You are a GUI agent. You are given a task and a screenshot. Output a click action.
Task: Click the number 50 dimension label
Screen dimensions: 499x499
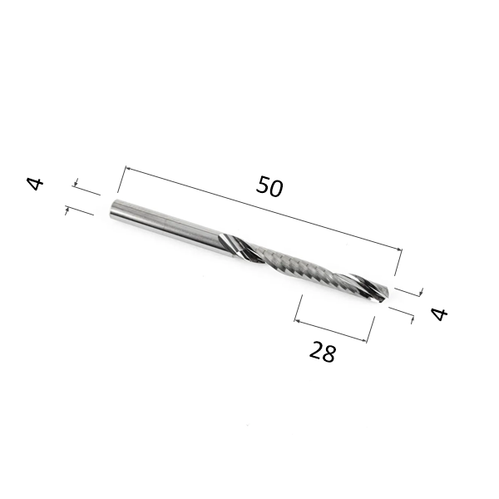click(269, 186)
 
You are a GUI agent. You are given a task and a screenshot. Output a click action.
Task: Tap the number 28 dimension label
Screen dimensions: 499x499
click(323, 353)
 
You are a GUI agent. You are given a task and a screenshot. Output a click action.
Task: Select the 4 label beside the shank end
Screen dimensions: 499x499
click(35, 183)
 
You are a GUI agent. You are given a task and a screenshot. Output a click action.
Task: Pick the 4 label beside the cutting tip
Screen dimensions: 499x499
click(439, 314)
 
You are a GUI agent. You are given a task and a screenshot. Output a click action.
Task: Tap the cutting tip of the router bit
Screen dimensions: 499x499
click(384, 294)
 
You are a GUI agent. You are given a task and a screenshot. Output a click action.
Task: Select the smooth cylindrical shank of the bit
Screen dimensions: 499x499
click(162, 222)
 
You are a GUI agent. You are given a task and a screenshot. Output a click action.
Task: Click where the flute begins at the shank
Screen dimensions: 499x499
click(226, 242)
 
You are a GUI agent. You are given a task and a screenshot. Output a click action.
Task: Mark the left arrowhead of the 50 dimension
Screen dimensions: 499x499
click(127, 169)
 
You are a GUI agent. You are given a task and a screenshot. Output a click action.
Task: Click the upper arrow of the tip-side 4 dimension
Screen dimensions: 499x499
click(421, 293)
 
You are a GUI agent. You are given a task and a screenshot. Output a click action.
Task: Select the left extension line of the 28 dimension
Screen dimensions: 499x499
click(297, 309)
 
